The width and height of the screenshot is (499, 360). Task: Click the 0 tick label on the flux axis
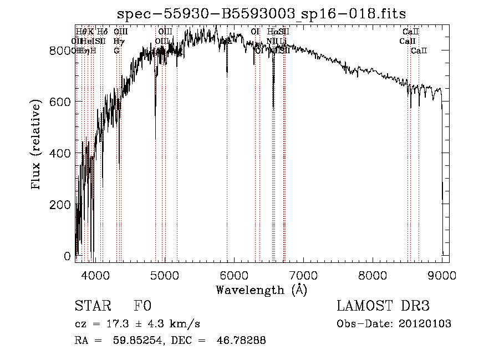(67, 256)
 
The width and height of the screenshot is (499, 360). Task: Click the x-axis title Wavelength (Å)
(261, 290)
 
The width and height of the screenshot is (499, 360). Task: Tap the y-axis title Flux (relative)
(37, 145)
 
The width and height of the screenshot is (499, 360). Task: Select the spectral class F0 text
(143, 306)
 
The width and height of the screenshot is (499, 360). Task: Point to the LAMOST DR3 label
(383, 306)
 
